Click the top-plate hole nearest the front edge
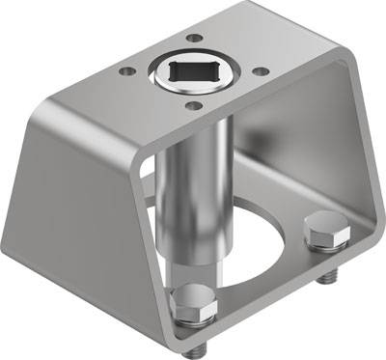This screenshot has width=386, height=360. (x=193, y=105)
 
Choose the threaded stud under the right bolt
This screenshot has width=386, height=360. (x=324, y=278)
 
